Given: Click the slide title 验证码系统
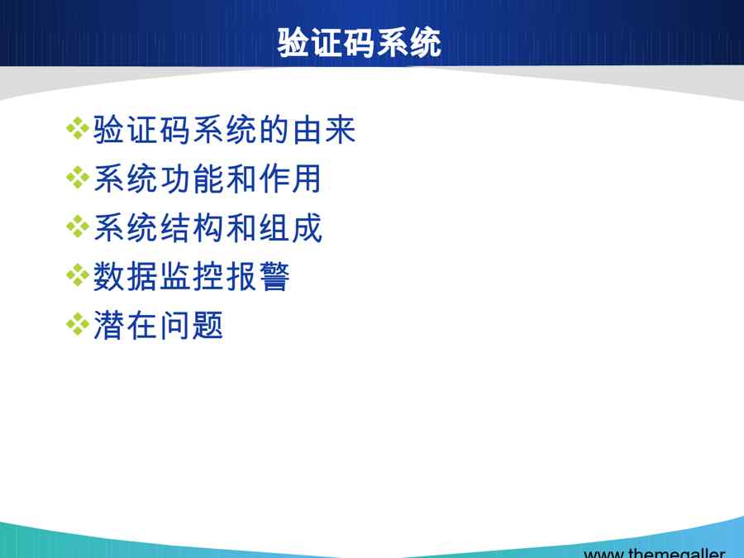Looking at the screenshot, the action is [x=360, y=43].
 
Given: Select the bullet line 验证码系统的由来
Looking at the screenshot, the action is [x=224, y=130].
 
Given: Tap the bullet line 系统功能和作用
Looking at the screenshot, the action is [x=207, y=179].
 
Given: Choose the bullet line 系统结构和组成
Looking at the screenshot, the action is [x=208, y=228].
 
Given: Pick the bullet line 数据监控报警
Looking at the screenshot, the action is [x=191, y=277].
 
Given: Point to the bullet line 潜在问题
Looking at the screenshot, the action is [x=159, y=326].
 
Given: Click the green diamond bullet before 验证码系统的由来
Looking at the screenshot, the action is [x=78, y=129].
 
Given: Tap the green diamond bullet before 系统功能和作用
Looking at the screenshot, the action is [x=78, y=178].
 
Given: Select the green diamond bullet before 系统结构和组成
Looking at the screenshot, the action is [x=78, y=227].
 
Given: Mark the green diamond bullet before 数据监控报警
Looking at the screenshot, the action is [x=78, y=275].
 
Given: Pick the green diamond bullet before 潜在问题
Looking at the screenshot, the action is [x=78, y=325].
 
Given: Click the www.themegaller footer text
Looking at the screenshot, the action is [x=655, y=553].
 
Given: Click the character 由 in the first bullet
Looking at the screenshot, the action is [x=307, y=130].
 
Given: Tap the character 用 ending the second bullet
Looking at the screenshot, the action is [x=307, y=179].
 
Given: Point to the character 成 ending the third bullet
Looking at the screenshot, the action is [x=308, y=228].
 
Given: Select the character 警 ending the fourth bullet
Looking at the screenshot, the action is [x=274, y=277].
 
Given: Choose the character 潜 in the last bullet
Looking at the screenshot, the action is [x=108, y=326].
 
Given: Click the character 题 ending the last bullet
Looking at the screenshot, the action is [x=207, y=326].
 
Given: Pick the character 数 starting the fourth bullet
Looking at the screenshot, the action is [x=108, y=277].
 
